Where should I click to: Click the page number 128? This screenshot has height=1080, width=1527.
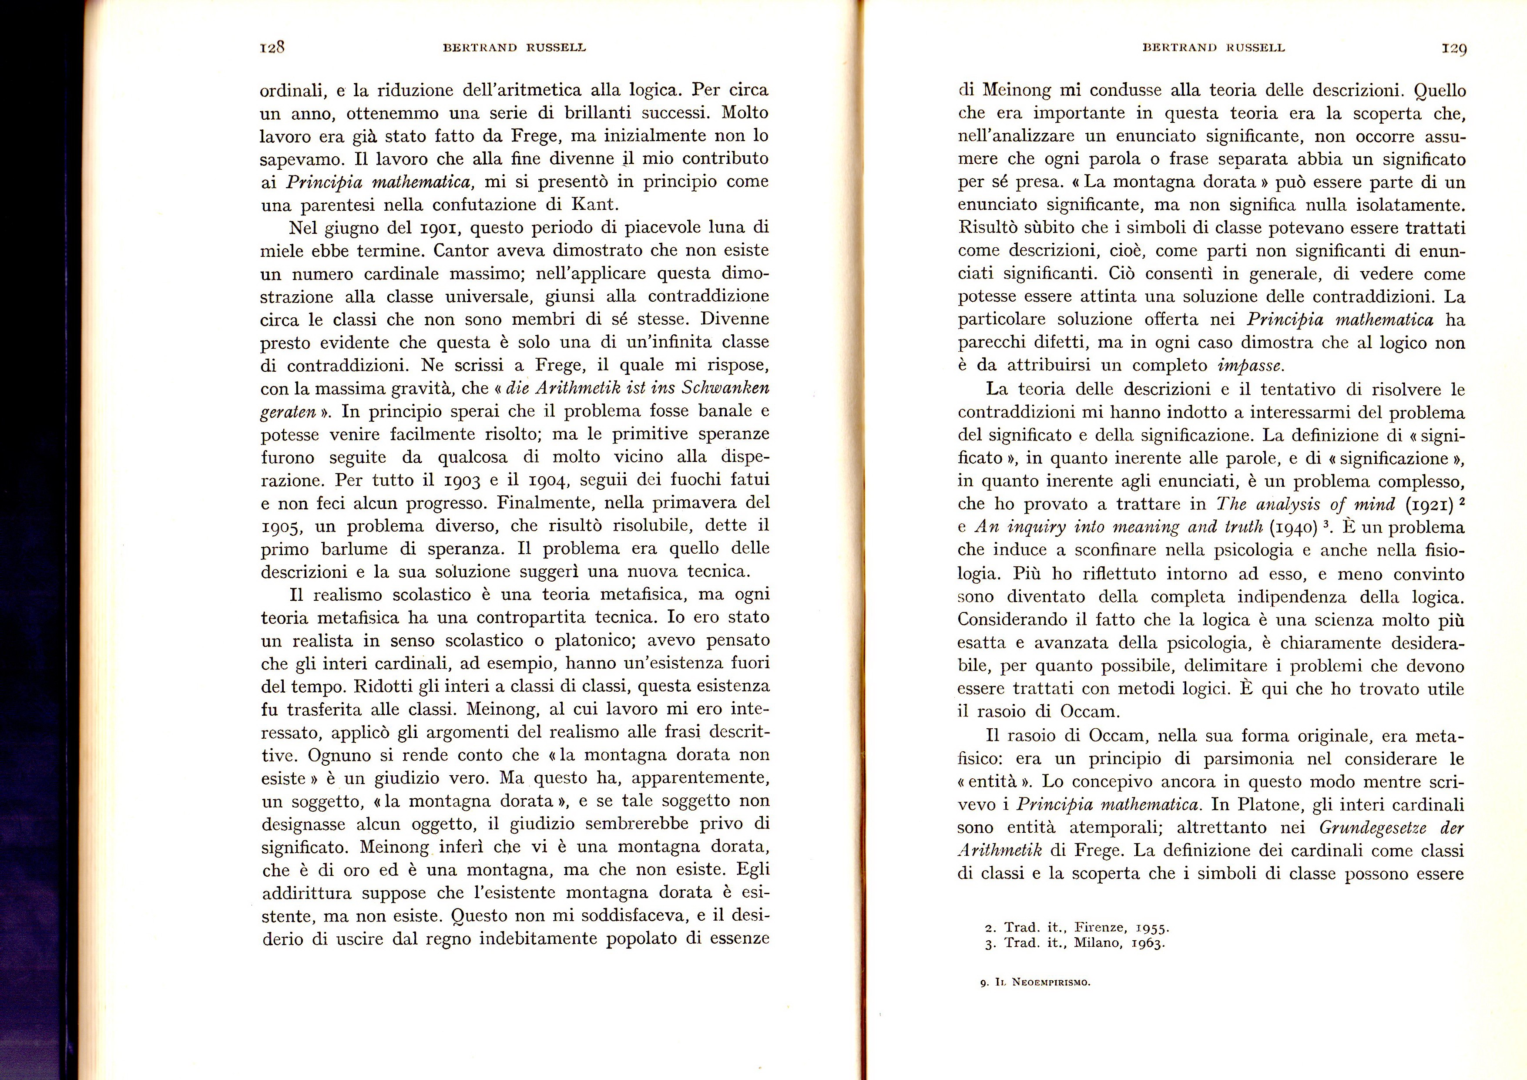pos(272,48)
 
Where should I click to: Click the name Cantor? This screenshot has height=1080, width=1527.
pos(463,251)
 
